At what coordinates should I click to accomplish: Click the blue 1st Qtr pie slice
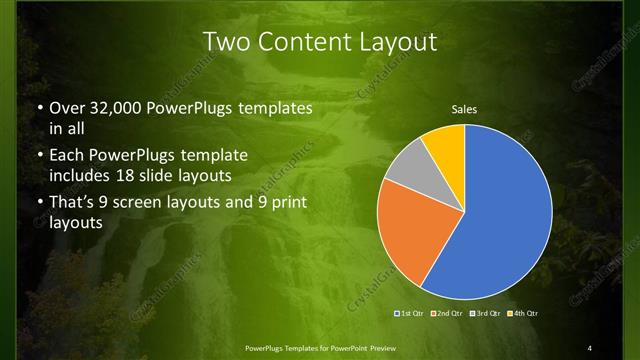pyautogui.click(x=505, y=215)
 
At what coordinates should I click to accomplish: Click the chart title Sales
pyautogui.click(x=465, y=109)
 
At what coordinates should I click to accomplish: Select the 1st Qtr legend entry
pyautogui.click(x=411, y=314)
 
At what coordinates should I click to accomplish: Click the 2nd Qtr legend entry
pyautogui.click(x=447, y=314)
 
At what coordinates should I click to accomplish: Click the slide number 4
pyautogui.click(x=590, y=347)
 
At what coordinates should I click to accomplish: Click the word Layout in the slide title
pyautogui.click(x=400, y=42)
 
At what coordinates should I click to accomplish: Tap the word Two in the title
pyautogui.click(x=226, y=42)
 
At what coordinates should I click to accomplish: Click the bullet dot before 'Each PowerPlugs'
pyautogui.click(x=39, y=156)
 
